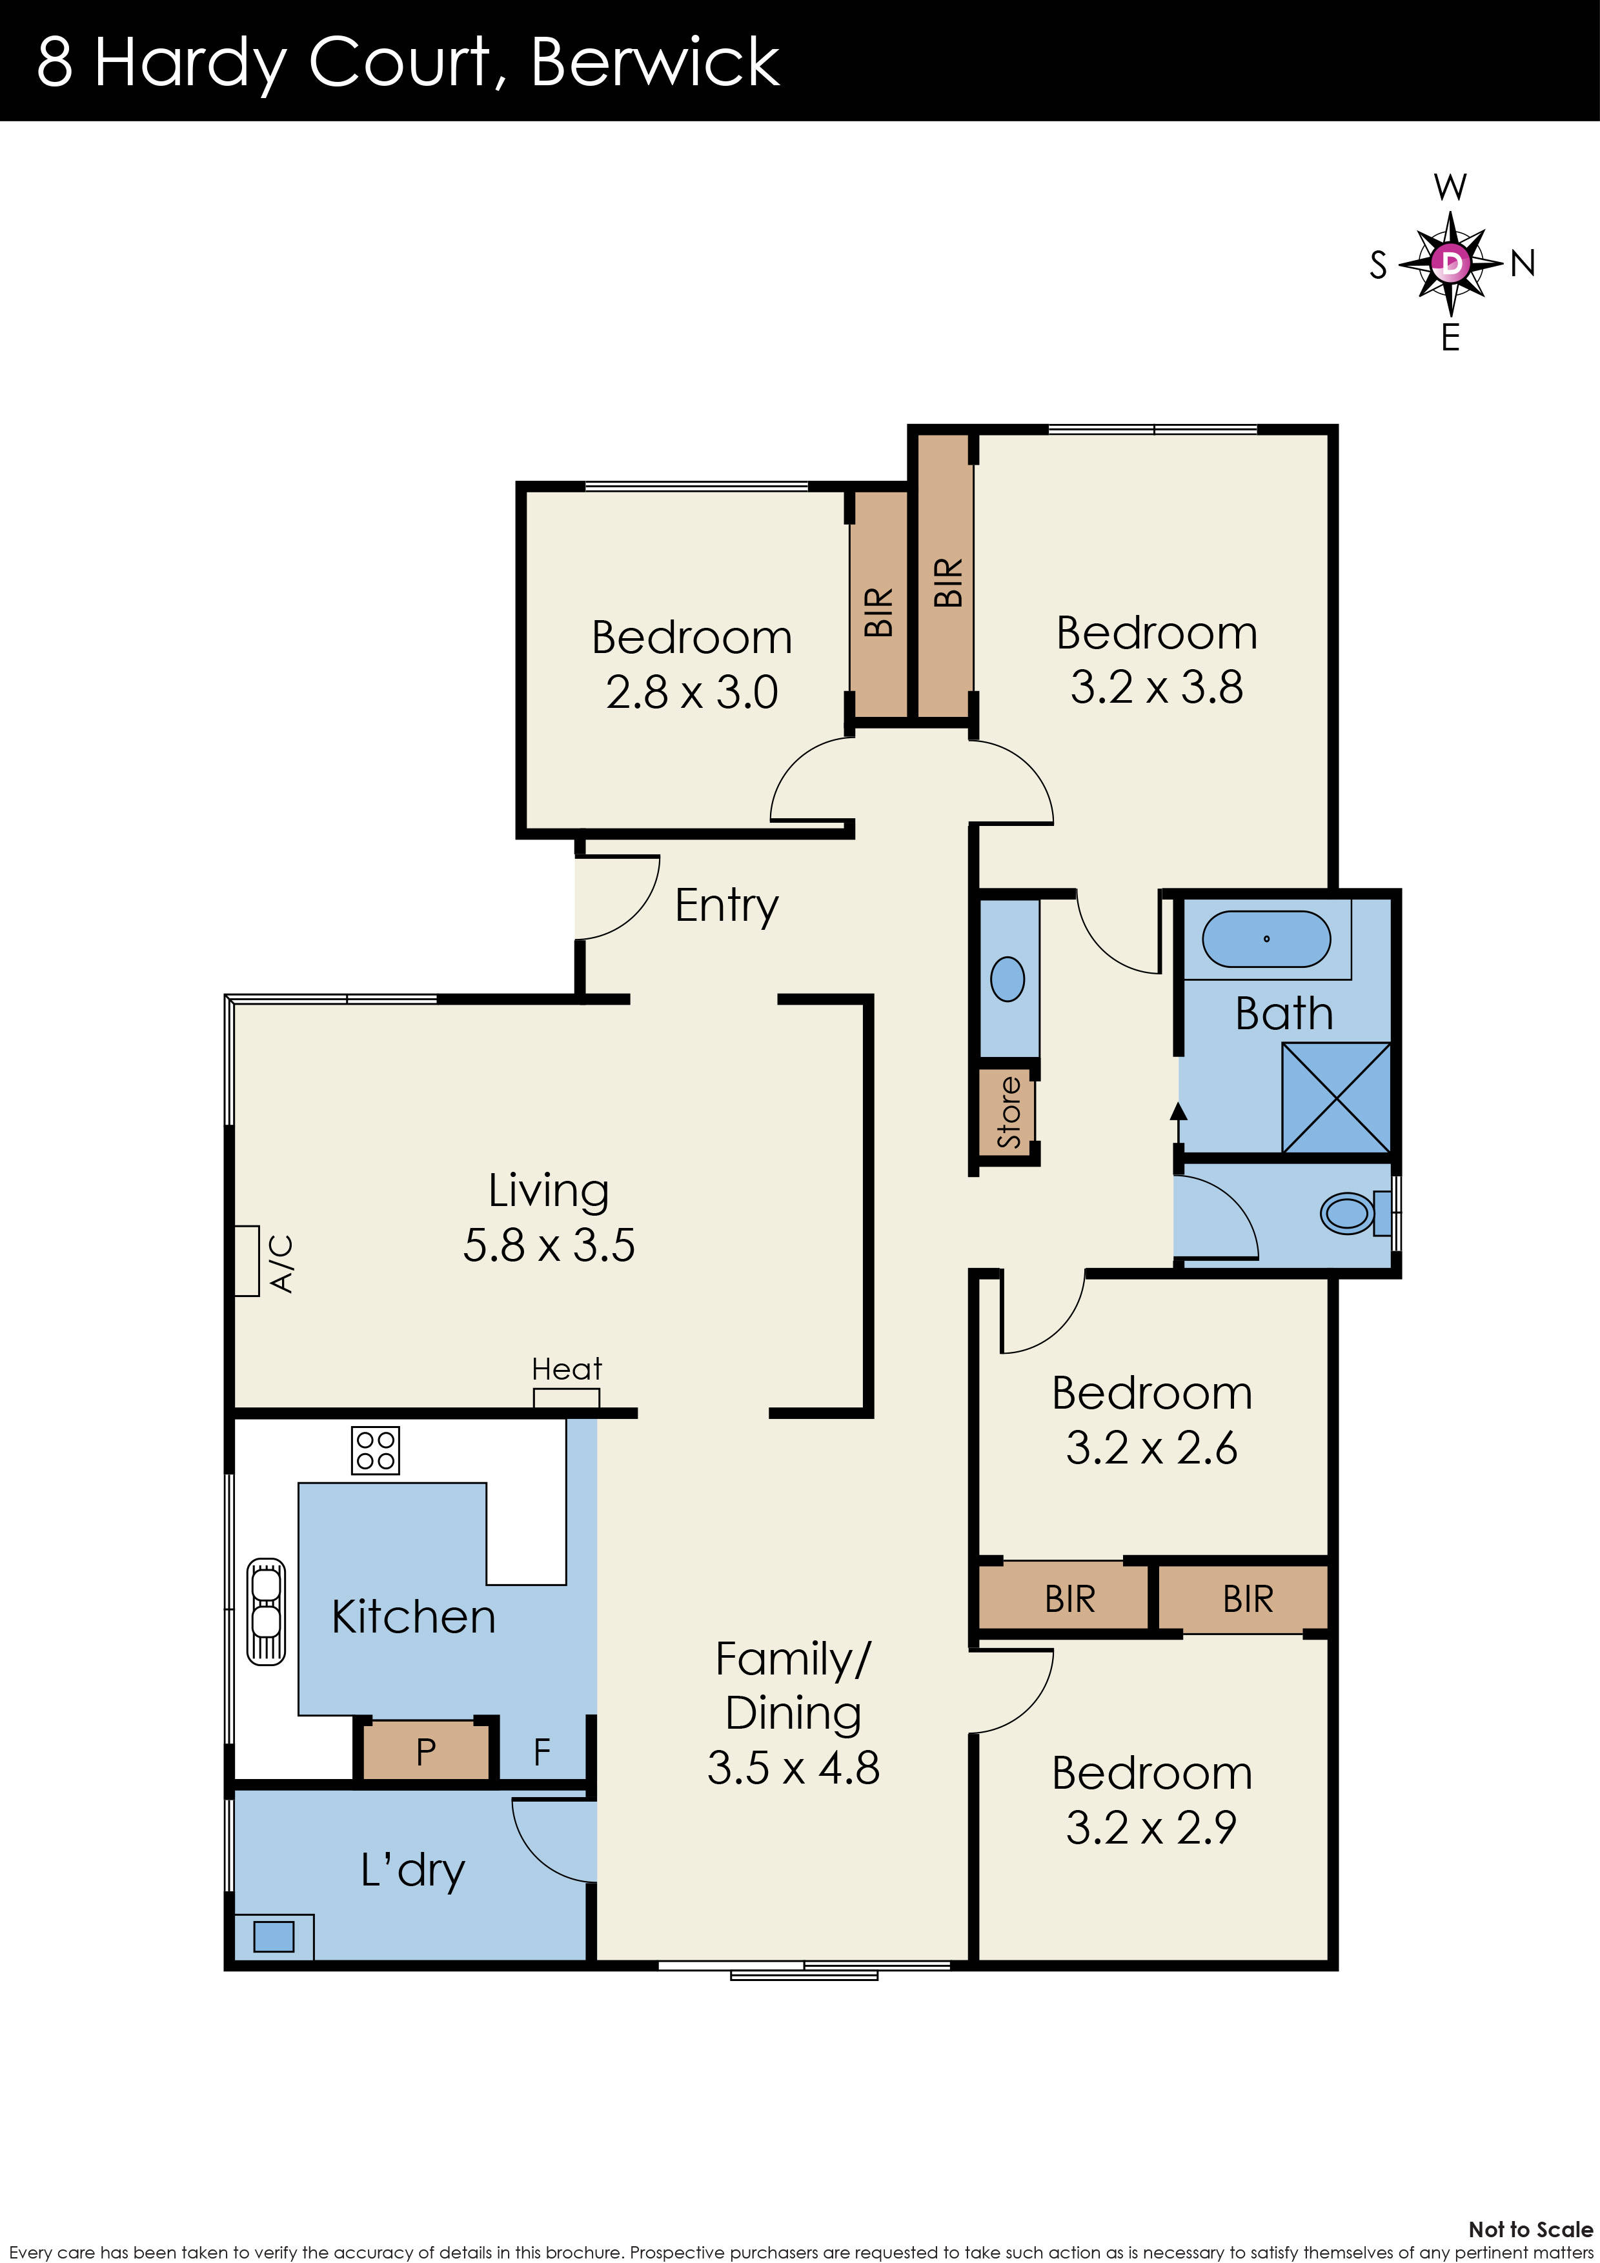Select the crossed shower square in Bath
point(1336,1097)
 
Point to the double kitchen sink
point(265,1611)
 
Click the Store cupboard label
point(1008,1112)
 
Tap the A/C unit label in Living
point(281,1263)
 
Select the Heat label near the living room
point(566,1369)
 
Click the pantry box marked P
point(426,1751)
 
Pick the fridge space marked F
point(542,1751)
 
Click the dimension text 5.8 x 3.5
point(549,1245)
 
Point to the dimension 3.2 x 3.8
point(1157,687)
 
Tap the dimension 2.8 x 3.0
point(691,692)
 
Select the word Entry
point(727,905)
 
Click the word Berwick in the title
point(654,62)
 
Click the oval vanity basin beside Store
point(1008,980)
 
